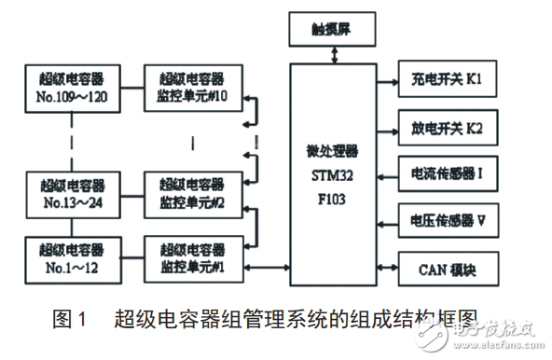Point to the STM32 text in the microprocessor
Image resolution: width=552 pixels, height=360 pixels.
331,175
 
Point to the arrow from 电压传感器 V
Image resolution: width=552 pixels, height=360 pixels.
385,222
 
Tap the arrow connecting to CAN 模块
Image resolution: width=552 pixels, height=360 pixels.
385,270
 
